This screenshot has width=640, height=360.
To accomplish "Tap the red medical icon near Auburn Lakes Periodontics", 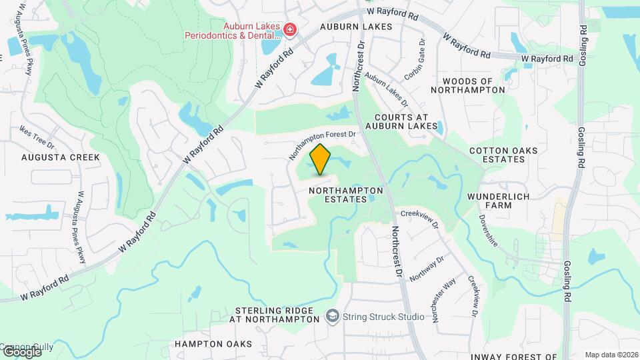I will (289, 29).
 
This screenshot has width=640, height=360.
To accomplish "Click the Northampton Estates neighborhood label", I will (347, 190).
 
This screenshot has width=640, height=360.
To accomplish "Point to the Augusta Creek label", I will (61, 157).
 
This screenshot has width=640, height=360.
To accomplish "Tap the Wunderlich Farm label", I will (499, 201).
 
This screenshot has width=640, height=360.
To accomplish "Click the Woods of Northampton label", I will (471, 85).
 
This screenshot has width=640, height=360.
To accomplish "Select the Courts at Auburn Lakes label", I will (402, 121).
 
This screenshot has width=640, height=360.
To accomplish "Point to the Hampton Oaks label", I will (213, 344).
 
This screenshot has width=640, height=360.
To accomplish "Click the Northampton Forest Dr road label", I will (323, 142).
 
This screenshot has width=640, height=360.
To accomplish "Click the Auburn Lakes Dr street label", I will (386, 90).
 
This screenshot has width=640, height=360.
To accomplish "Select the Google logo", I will (21, 351).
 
